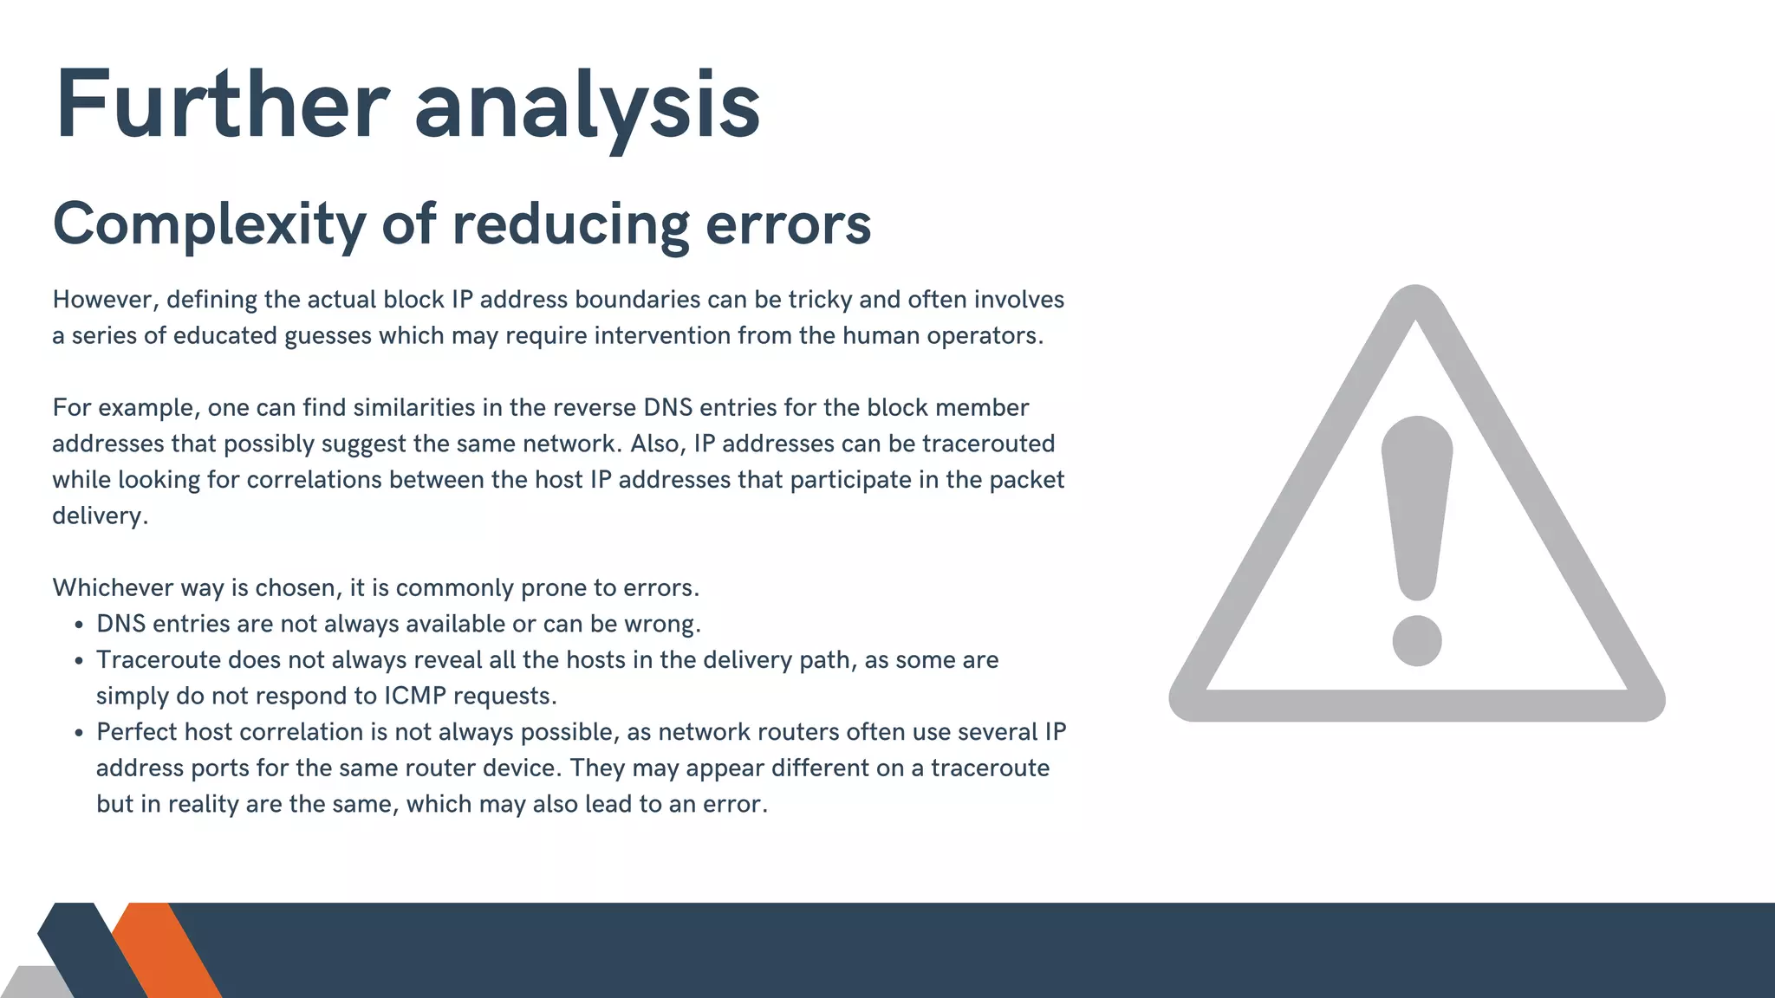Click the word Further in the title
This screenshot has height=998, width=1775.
(222, 106)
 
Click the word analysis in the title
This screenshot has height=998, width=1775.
(587, 108)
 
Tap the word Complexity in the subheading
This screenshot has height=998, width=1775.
(209, 224)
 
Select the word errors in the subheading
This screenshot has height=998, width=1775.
(788, 224)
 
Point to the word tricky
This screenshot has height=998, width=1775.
(819, 300)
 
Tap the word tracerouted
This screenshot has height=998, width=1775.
(988, 444)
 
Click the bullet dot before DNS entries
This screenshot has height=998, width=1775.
(79, 625)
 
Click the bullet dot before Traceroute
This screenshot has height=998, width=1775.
(79, 661)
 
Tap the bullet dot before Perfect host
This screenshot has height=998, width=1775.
(79, 733)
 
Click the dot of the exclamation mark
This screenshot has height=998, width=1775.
(1416, 641)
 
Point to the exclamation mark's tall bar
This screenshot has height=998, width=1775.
(1416, 502)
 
